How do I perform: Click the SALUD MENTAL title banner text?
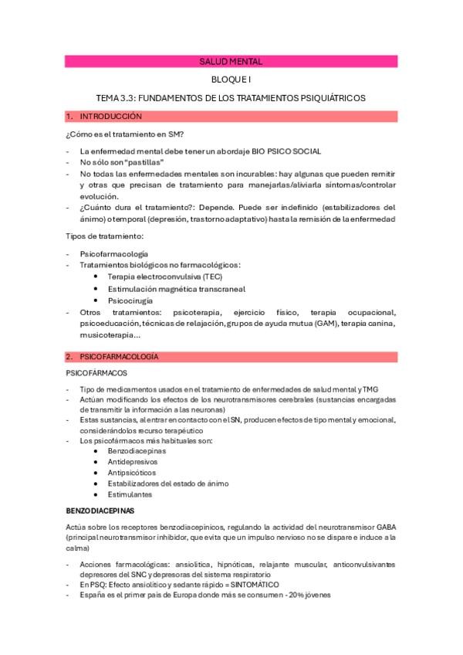[231, 60]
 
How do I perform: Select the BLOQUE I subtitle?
[231, 80]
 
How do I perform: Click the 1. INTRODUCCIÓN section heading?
[109, 116]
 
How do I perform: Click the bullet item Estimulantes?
[130, 494]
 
